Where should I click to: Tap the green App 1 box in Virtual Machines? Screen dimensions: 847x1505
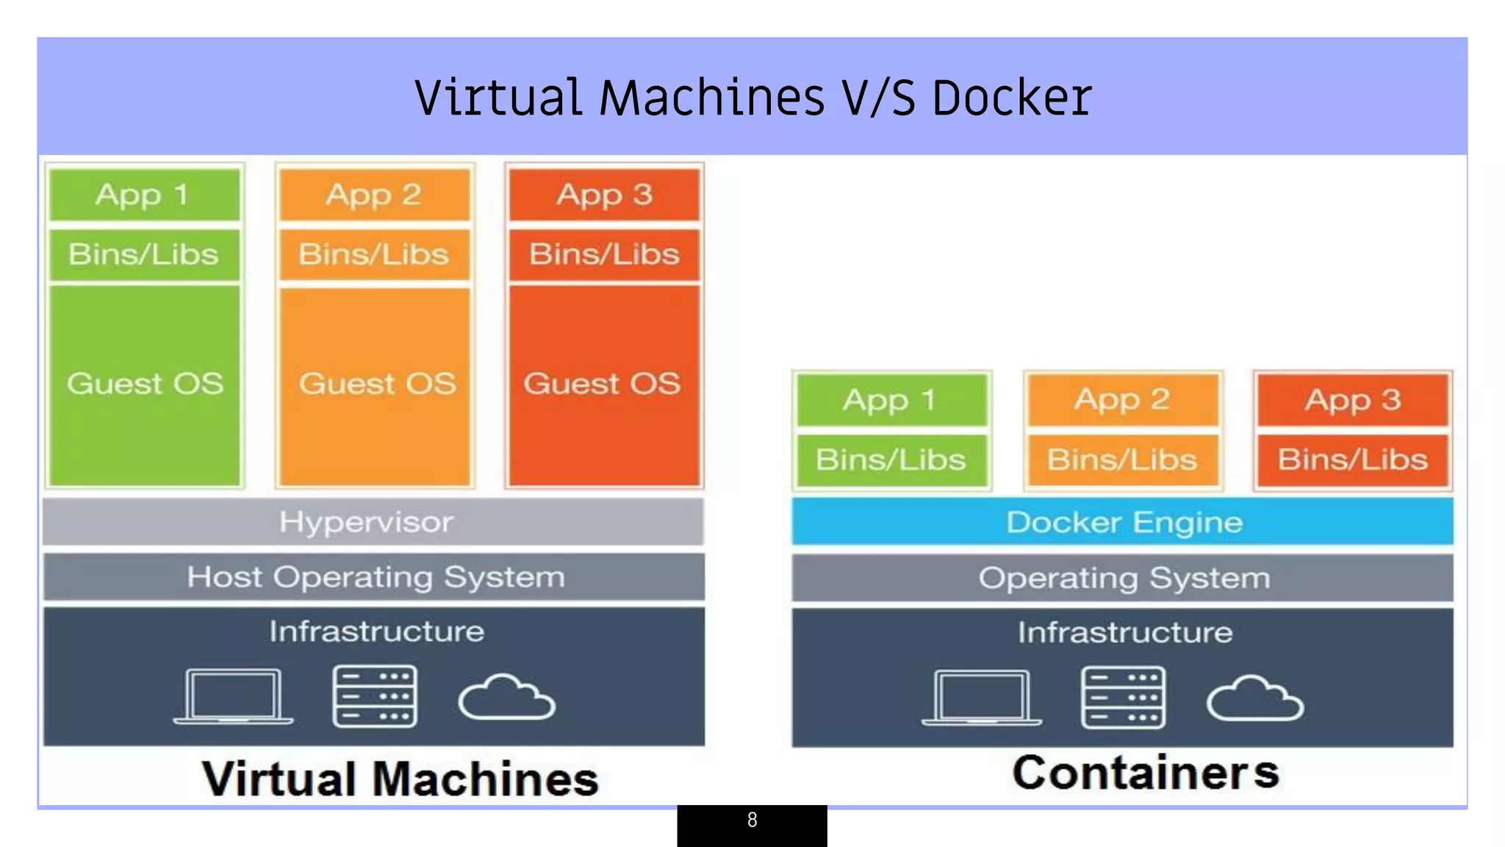[144, 195]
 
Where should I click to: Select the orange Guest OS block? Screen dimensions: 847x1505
[376, 384]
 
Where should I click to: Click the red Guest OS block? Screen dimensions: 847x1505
[603, 384]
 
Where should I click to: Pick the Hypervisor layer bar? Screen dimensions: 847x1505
[373, 522]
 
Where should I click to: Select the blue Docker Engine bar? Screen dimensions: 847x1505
[1122, 522]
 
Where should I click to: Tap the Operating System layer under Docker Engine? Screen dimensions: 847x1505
[1122, 578]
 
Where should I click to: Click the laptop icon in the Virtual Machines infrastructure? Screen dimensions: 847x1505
[233, 696]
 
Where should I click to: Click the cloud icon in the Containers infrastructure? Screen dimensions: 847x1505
[1254, 698]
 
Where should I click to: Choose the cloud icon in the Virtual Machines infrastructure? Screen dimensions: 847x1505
[506, 697]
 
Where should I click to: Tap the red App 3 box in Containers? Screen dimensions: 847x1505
[1352, 400]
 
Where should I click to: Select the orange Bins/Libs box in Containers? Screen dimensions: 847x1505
[1122, 460]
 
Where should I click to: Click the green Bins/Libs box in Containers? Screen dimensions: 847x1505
[891, 460]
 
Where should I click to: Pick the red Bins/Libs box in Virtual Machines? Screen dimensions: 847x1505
[603, 254]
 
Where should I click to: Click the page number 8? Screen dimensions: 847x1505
[752, 821]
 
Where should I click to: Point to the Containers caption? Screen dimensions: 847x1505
[1145, 773]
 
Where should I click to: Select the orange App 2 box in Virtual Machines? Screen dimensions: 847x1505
[374, 195]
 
